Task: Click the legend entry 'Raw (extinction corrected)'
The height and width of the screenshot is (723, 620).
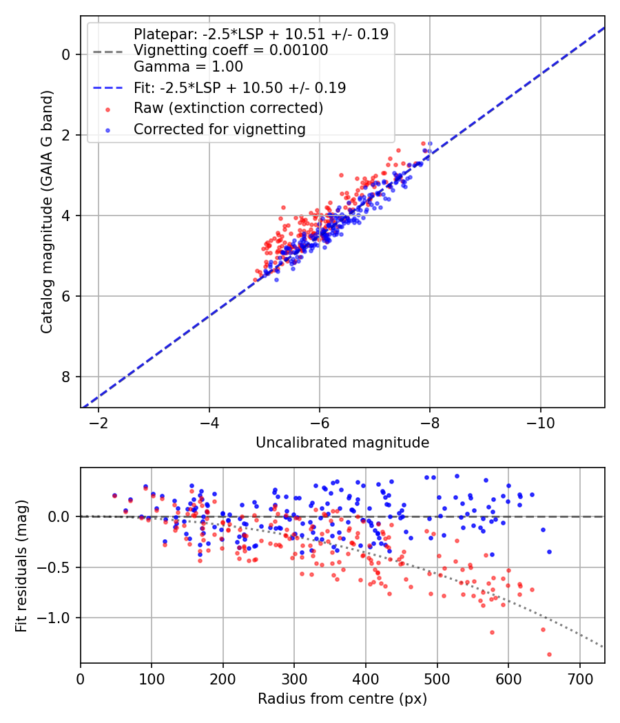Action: [228, 108]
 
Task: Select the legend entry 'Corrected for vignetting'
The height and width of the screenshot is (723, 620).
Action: [220, 129]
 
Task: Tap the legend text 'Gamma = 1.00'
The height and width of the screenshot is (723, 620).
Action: [188, 67]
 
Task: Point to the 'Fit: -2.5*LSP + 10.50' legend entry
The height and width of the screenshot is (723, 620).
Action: [220, 87]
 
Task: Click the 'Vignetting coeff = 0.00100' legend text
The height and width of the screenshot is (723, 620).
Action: [231, 50]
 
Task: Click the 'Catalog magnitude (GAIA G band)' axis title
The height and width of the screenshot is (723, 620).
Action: [47, 211]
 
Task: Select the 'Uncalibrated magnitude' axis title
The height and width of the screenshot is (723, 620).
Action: [342, 443]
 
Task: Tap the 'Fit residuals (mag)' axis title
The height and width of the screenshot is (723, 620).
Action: [21, 566]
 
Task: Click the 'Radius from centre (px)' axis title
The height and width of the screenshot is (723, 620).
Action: [342, 699]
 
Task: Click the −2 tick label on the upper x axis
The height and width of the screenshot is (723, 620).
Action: [99, 423]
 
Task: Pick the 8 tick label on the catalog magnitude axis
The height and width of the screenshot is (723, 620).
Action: [65, 377]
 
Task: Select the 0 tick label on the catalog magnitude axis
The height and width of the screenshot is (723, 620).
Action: [65, 55]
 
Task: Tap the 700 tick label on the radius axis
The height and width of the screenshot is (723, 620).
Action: [579, 679]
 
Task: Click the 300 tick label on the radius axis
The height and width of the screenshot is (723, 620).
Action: [294, 679]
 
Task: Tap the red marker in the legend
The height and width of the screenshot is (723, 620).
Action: [108, 109]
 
